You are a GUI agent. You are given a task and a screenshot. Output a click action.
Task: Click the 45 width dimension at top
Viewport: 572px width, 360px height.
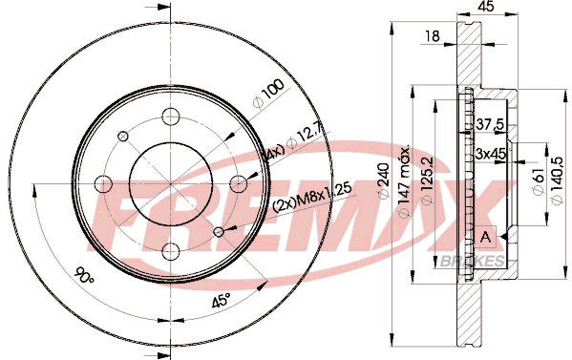[487, 6]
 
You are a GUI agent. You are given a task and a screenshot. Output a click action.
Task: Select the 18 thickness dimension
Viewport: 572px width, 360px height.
[433, 36]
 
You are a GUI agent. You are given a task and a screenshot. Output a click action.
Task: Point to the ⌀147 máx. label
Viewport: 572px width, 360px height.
[404, 180]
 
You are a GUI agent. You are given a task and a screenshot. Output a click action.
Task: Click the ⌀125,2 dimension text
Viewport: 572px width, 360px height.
[427, 180]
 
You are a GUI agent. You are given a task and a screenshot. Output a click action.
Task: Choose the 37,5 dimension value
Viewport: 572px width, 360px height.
[490, 125]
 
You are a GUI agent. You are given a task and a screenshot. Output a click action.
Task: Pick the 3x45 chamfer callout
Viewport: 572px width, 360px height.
[491, 154]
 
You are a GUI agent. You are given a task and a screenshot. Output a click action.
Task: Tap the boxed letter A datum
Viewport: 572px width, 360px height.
[485, 237]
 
